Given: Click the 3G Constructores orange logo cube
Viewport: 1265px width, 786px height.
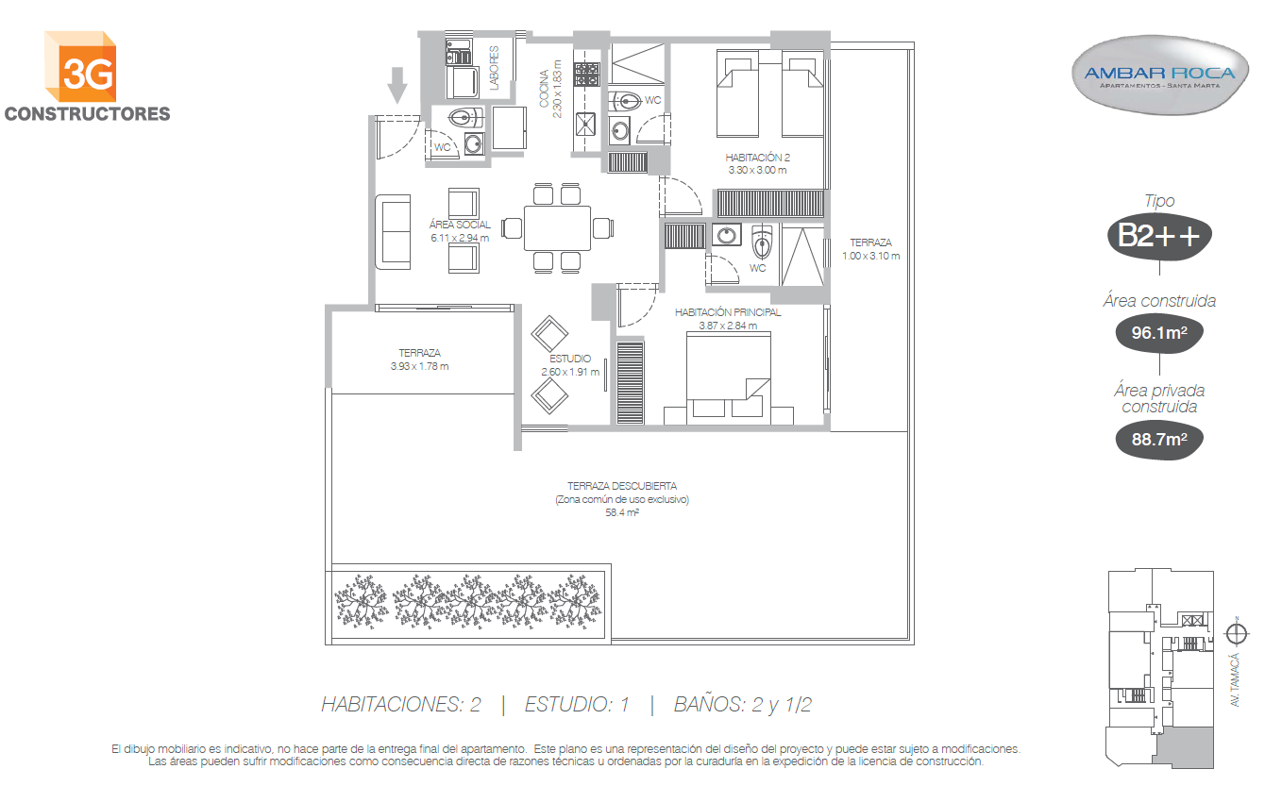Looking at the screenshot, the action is [x=81, y=67].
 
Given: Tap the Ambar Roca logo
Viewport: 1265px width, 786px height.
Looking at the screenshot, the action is [x=1159, y=75].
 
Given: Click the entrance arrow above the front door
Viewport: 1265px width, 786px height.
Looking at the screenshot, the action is [x=397, y=85].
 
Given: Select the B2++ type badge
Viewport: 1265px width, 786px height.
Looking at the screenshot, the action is [x=1159, y=236].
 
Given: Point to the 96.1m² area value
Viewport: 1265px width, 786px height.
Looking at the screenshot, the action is [x=1159, y=333].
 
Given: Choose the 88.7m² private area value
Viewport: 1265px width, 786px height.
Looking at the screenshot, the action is [x=1159, y=440].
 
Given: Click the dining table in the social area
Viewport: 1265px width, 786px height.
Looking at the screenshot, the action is [x=557, y=228].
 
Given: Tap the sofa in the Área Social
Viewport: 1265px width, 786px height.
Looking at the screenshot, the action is [x=393, y=232].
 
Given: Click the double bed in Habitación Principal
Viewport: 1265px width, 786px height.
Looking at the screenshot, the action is [x=729, y=377].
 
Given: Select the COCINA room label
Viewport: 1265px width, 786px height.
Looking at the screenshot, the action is [x=544, y=90].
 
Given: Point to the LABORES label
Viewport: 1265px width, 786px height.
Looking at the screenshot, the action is [x=494, y=68].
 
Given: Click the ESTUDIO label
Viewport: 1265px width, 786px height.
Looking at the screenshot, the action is [x=570, y=359].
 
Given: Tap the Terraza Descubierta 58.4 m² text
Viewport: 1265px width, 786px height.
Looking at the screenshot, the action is [x=622, y=499].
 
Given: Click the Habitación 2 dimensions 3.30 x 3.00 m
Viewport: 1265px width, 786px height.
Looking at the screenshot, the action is [x=757, y=170].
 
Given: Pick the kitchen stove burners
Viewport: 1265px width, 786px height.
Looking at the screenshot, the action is [x=587, y=75].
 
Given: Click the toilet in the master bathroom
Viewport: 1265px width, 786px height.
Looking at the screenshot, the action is [x=762, y=242].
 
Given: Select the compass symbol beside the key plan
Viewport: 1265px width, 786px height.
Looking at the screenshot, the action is [x=1237, y=633].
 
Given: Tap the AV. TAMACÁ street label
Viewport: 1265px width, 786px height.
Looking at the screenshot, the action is [x=1236, y=679].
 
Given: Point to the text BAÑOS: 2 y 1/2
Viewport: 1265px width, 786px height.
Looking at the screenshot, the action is [x=743, y=705].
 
